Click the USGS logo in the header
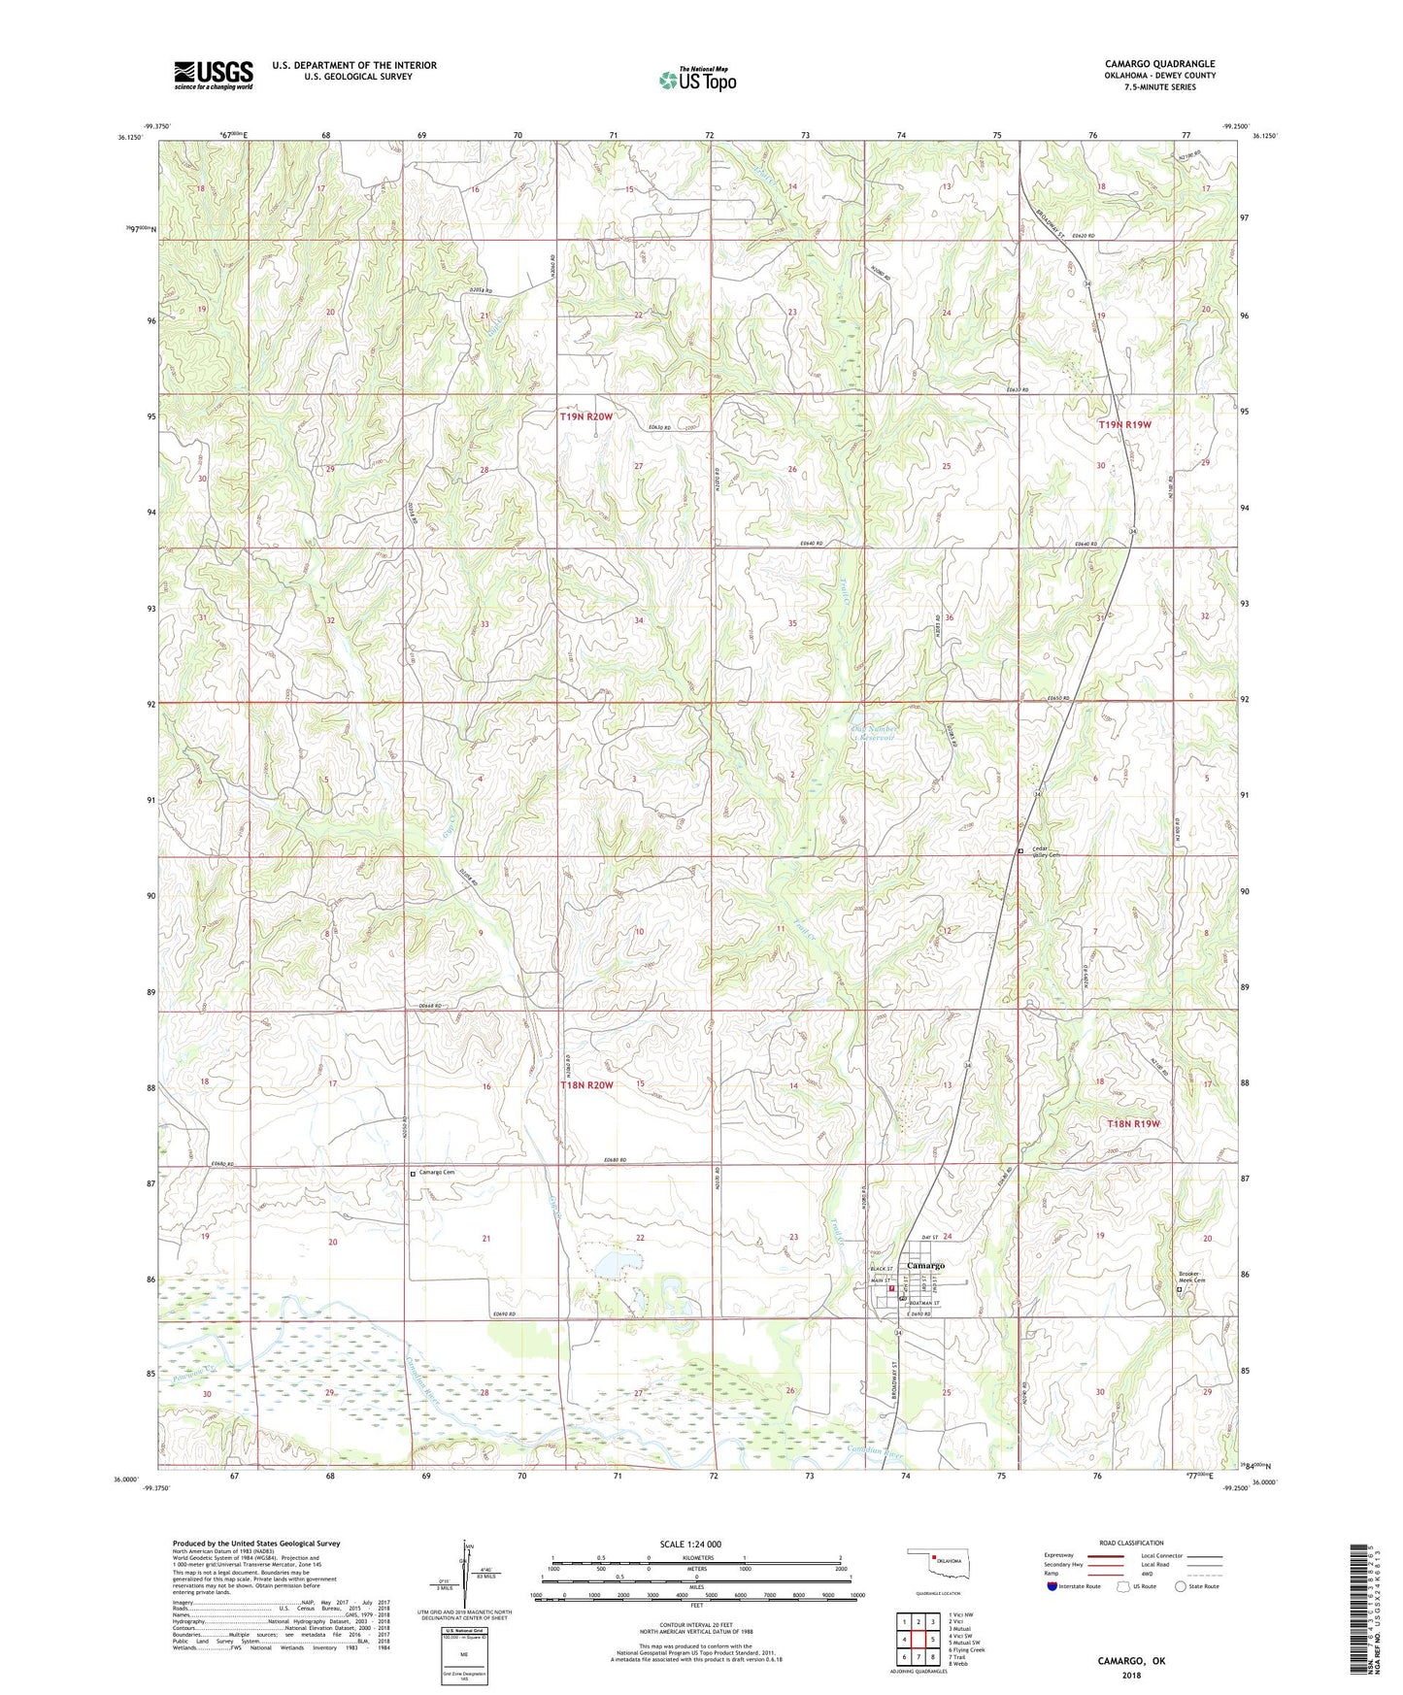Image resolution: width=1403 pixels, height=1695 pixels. coord(214,75)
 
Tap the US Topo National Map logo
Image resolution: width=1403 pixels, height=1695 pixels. coord(696,80)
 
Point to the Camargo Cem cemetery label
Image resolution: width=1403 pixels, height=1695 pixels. coord(436,1173)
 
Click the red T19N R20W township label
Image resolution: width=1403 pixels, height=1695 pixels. coord(586,416)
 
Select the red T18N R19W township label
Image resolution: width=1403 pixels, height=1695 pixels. coord(1134,1123)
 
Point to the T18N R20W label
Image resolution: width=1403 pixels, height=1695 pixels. coord(586,1085)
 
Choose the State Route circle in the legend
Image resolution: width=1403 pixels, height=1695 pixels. coord(1180,1586)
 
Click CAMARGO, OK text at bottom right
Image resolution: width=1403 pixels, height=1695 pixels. coord(1131,1661)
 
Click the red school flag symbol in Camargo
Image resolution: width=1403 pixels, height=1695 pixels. coord(892,1290)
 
